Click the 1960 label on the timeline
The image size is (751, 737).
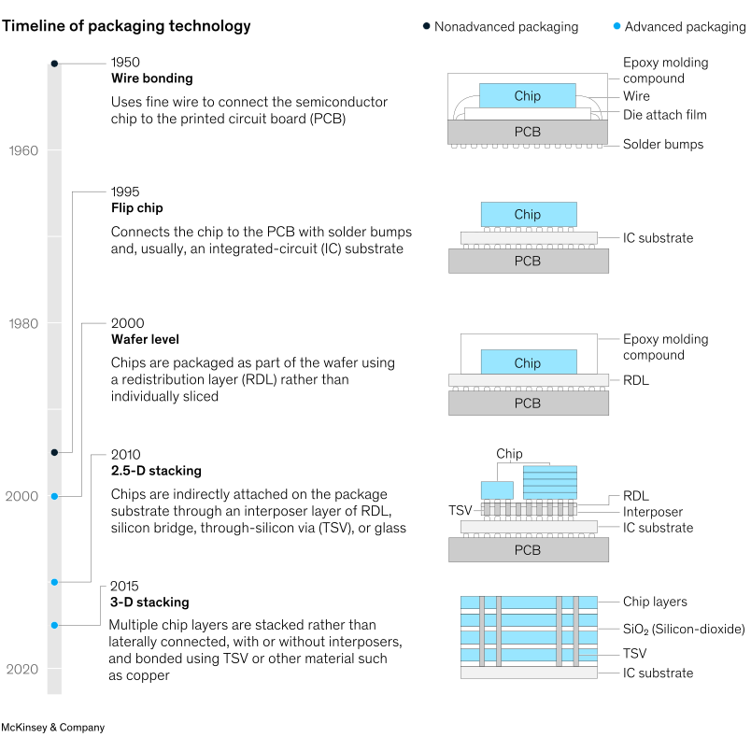[x=23, y=150]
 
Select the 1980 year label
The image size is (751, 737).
[x=23, y=323]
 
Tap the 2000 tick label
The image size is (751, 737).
[x=21, y=496]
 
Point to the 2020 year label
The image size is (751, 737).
[x=21, y=669]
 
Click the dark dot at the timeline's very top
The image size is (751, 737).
[x=54, y=63]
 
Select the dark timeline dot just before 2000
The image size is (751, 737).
[x=54, y=452]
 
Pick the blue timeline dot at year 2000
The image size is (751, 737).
[x=54, y=496]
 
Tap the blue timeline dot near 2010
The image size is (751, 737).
[x=54, y=582]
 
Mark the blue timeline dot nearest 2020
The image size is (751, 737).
[x=54, y=625]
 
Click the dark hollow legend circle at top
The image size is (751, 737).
[x=427, y=25]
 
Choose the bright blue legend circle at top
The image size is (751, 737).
[x=616, y=25]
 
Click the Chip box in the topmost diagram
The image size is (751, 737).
[x=527, y=95]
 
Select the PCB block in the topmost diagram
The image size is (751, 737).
[x=527, y=132]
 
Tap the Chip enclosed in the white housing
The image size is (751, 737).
[x=528, y=362]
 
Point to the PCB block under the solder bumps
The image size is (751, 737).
[x=528, y=550]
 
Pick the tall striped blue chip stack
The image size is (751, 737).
[x=549, y=482]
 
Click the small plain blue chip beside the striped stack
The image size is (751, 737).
[x=497, y=490]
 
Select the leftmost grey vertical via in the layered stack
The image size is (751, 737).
[x=482, y=631]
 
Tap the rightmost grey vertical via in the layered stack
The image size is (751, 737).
[x=576, y=631]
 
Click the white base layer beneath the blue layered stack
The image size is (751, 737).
[x=528, y=672]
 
